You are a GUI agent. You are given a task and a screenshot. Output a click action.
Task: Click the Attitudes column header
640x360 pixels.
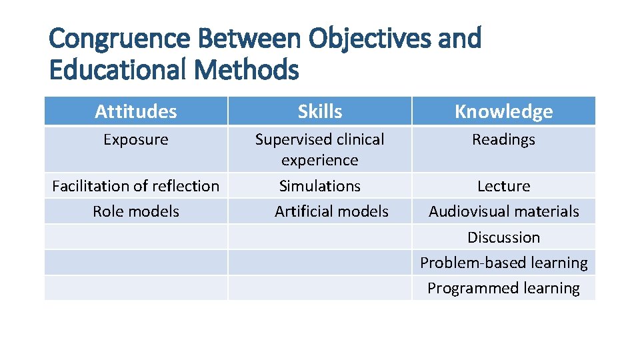click(136, 111)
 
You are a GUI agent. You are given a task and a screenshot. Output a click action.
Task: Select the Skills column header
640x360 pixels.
click(320, 111)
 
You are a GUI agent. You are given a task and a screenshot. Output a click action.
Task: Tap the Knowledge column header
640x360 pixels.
click(503, 111)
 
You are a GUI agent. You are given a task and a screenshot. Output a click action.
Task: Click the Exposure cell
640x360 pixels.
click(136, 140)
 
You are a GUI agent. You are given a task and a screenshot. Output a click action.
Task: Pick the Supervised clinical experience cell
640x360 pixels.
click(320, 149)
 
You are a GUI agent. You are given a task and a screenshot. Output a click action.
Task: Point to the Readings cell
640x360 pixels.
click(503, 140)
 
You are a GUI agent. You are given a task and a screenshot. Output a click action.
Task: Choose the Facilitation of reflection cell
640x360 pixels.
click(136, 186)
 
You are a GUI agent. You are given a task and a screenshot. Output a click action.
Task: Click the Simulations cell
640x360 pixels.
click(320, 186)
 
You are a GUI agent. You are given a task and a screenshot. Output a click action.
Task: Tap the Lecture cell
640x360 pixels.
click(503, 186)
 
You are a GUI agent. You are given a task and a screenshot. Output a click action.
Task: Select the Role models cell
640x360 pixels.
click(136, 211)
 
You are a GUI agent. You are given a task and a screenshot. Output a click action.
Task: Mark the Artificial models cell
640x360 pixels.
click(331, 211)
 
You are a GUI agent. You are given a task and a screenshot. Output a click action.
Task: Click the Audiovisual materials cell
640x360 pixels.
click(503, 211)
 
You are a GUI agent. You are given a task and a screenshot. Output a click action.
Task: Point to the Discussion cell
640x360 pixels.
click(503, 237)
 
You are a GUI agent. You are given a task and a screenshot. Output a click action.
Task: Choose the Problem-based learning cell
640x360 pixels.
click(503, 263)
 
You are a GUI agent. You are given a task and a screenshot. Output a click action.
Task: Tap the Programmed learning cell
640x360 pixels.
click(503, 288)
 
